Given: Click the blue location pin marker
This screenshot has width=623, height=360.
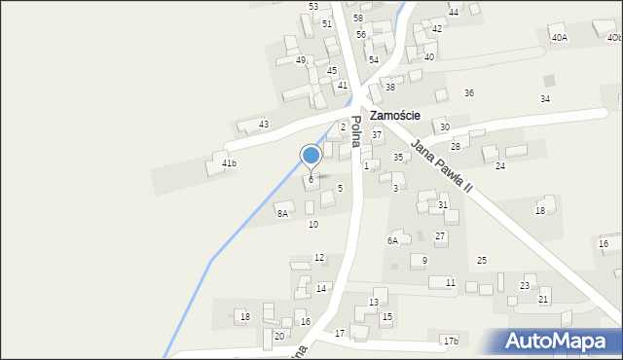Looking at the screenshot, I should click(x=311, y=156).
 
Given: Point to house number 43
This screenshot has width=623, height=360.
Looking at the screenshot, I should click(x=264, y=125).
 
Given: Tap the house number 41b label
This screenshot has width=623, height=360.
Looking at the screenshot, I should click(x=229, y=163).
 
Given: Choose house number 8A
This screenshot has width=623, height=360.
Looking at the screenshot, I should click(x=282, y=213).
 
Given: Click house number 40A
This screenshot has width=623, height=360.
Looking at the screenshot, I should click(x=559, y=37).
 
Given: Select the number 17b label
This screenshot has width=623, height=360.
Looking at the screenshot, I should click(x=450, y=341).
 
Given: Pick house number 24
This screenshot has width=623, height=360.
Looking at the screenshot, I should click(x=500, y=166).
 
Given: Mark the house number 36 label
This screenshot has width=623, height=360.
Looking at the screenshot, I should click(x=469, y=93).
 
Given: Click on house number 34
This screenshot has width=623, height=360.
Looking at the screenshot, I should click(x=545, y=99).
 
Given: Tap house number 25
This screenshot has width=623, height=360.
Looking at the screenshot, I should click(x=482, y=261).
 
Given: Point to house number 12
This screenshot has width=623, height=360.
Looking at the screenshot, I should click(x=319, y=258).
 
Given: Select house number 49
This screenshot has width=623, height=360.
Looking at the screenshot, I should click(x=301, y=60).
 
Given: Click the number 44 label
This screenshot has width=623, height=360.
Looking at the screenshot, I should click(x=454, y=13).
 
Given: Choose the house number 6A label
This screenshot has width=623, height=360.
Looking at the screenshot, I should click(x=393, y=240).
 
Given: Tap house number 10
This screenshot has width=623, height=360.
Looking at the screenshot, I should click(x=313, y=225).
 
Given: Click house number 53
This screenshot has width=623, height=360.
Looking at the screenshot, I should click(x=313, y=7).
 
